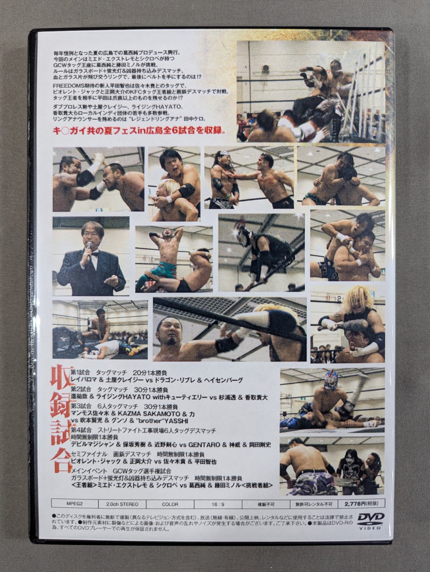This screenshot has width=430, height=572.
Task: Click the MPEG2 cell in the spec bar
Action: pos(75,504)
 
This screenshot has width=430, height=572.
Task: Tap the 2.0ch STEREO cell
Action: pos(122,504)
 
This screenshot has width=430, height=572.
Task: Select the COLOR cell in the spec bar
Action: pos(170,504)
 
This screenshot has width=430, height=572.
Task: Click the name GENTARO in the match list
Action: pos(204,445)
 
